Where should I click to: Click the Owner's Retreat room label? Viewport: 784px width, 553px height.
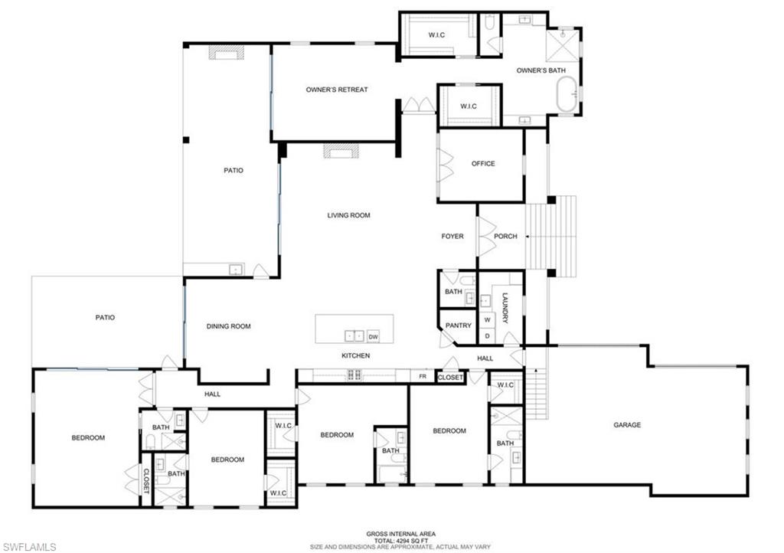click(337, 90)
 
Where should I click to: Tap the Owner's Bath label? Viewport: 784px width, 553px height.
click(541, 70)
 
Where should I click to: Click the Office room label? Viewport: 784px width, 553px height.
click(483, 163)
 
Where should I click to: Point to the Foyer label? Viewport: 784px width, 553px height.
click(452, 236)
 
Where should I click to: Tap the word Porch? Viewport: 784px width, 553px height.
click(505, 236)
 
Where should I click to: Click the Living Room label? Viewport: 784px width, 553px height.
click(349, 215)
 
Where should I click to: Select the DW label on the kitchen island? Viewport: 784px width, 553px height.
click(374, 336)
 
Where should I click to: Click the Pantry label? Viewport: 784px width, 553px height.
click(459, 326)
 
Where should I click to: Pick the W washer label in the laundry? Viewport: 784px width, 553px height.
click(487, 319)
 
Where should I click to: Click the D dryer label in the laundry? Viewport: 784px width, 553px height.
click(487, 336)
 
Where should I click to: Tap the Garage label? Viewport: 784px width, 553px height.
click(627, 424)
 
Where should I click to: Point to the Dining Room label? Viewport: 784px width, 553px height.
click(229, 326)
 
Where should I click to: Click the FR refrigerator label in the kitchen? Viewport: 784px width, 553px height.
click(423, 376)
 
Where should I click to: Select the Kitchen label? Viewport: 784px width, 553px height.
click(356, 356)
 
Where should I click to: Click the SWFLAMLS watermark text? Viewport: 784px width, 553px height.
click(28, 545)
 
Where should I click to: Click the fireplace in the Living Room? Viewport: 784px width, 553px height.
click(340, 152)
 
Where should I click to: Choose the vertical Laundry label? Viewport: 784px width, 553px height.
click(505, 308)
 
